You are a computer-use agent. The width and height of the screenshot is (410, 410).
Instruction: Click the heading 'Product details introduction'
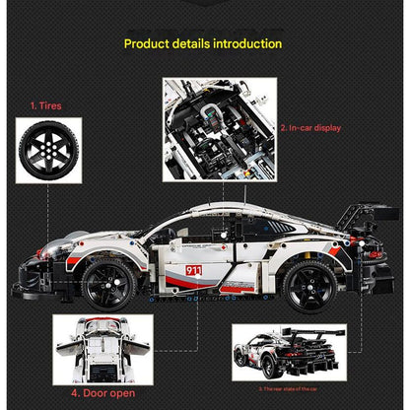pyautogui.click(x=203, y=44)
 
